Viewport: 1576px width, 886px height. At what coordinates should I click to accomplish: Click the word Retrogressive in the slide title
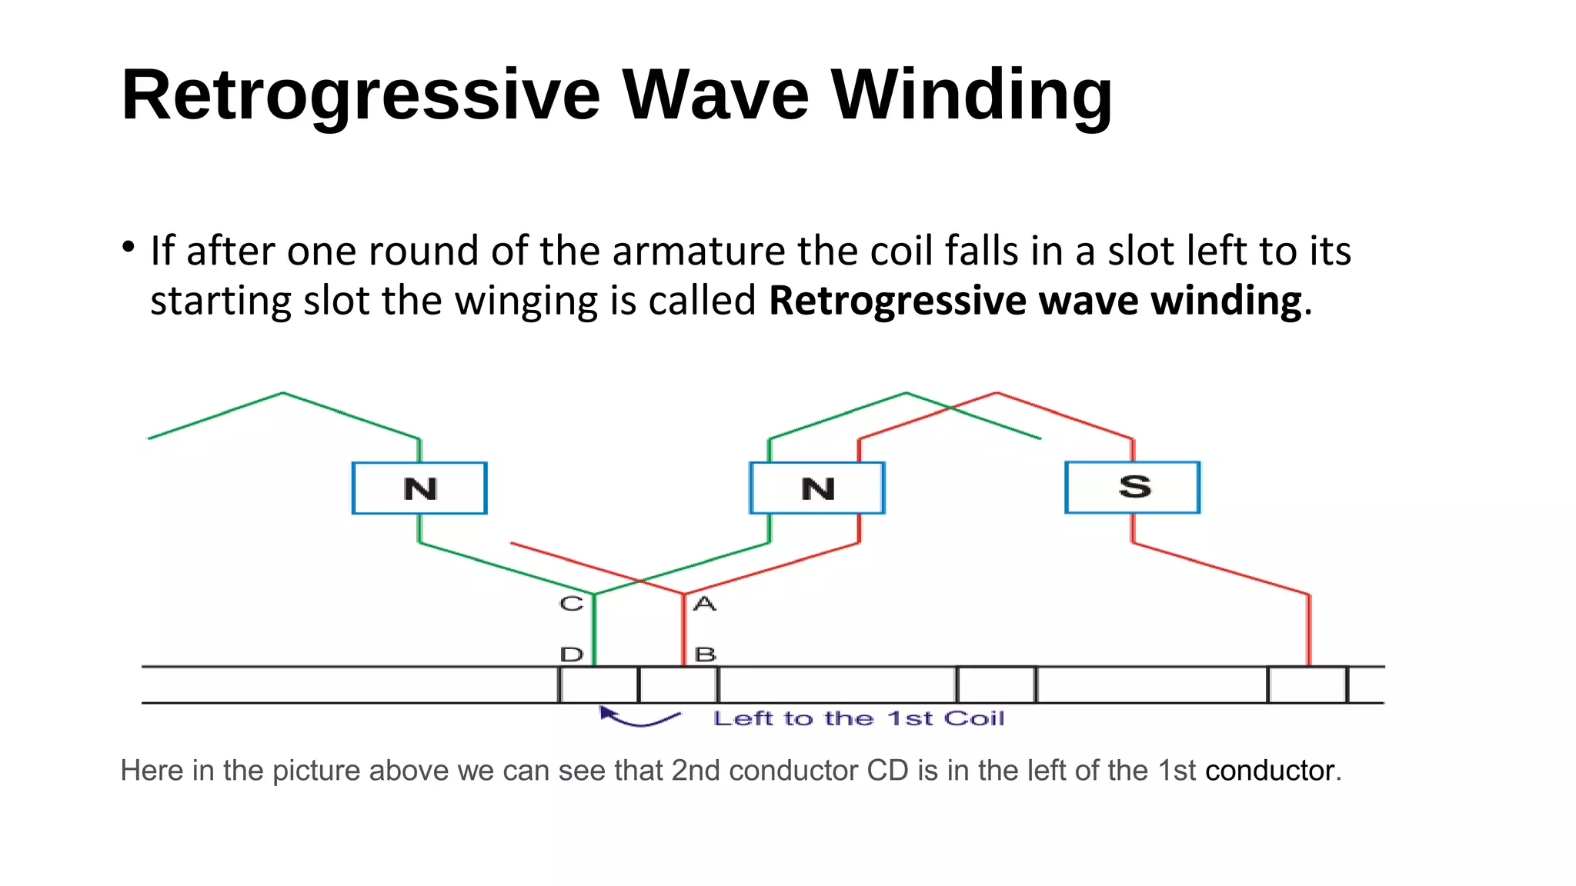point(360,95)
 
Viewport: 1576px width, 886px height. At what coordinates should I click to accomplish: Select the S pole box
point(1132,487)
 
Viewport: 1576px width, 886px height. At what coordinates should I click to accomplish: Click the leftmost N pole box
point(419,488)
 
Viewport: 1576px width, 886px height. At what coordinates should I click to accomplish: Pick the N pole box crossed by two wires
point(817,488)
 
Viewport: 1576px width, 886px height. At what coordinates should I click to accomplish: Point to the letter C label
point(571,604)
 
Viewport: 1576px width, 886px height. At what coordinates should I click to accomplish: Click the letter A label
point(704,604)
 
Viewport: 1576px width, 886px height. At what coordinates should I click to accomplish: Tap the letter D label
point(572,655)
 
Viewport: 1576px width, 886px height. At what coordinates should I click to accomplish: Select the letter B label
point(705,655)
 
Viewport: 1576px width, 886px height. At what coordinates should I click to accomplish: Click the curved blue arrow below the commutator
point(639,718)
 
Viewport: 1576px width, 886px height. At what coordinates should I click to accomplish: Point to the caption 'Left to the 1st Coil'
point(858,718)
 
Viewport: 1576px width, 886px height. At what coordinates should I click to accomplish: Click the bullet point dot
point(129,248)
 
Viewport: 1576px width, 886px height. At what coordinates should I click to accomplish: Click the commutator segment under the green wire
point(599,684)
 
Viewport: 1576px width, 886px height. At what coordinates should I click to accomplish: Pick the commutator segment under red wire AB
point(678,684)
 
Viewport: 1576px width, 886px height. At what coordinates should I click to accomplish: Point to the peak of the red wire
point(997,393)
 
